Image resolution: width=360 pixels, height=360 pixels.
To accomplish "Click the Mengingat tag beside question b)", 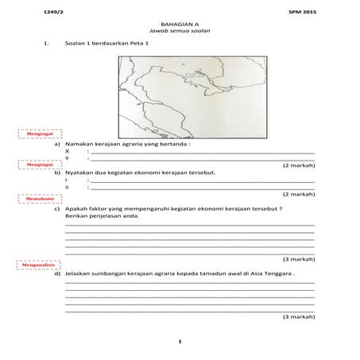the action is [33, 165].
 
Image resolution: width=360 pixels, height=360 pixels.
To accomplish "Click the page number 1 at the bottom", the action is [180, 342].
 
